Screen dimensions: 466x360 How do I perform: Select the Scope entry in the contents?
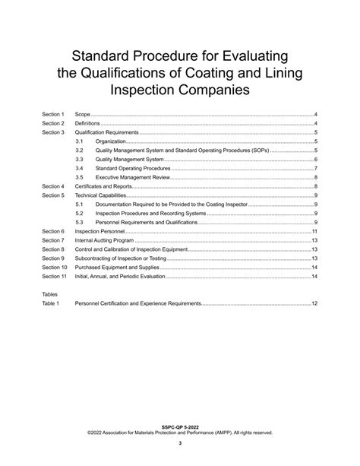(83, 114)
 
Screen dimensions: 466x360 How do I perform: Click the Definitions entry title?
(88, 123)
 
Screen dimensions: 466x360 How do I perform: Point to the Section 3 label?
(53, 132)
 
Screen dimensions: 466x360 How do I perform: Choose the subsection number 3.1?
(80, 141)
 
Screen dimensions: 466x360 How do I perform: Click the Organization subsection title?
(110, 141)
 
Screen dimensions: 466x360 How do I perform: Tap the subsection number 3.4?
(80, 168)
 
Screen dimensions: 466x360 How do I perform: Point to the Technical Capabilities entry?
(100, 195)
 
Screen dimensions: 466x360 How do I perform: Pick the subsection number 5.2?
(80, 213)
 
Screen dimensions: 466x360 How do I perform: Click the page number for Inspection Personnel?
(314, 230)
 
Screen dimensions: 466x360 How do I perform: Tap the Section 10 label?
(55, 268)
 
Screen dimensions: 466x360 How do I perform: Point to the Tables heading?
(50, 293)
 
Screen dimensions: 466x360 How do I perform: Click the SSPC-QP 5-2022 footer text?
(180, 428)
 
